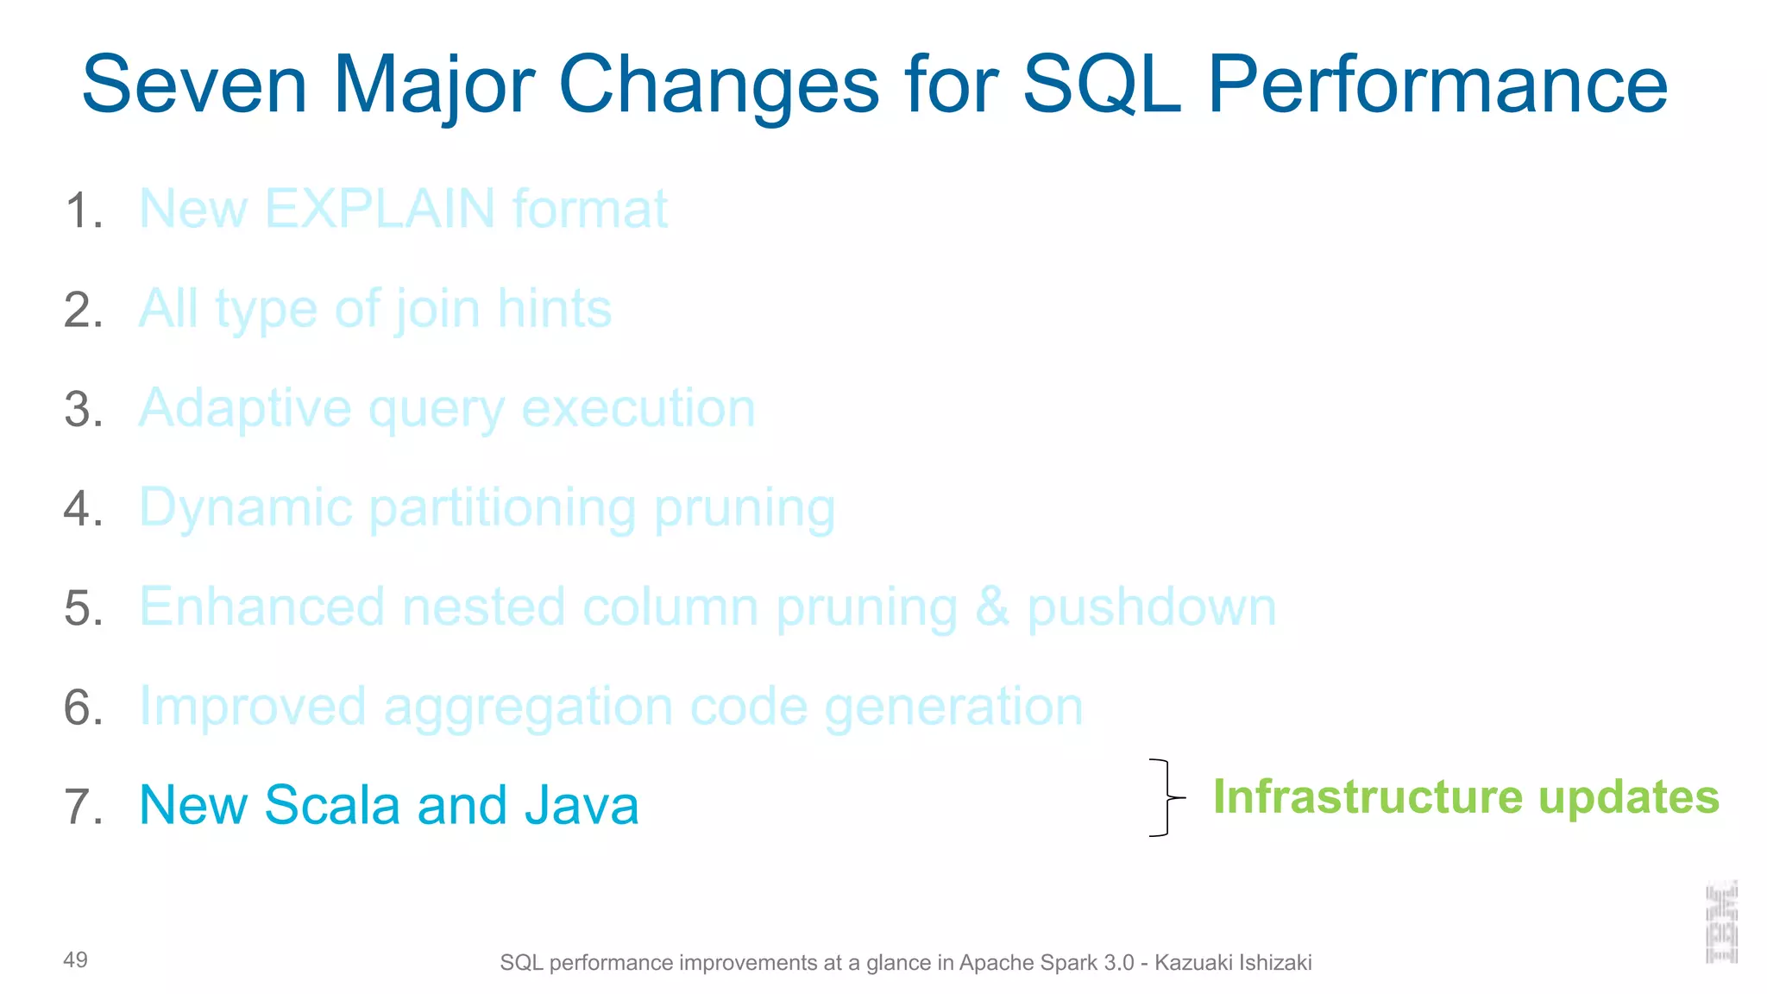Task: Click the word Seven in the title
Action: click(194, 85)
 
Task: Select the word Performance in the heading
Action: click(1437, 85)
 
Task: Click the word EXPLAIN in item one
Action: click(380, 209)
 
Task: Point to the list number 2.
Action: click(84, 310)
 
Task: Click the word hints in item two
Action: click(554, 309)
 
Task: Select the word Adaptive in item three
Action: click(245, 408)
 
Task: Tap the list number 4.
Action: click(84, 508)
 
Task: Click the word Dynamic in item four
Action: click(246, 507)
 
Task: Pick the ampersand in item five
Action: click(992, 607)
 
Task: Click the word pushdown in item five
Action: click(1151, 607)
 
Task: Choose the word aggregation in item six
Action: click(527, 708)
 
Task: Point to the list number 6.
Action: click(84, 708)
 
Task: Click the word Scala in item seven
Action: click(332, 805)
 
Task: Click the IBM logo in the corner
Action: click(1721, 922)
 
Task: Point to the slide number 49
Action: click(75, 959)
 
